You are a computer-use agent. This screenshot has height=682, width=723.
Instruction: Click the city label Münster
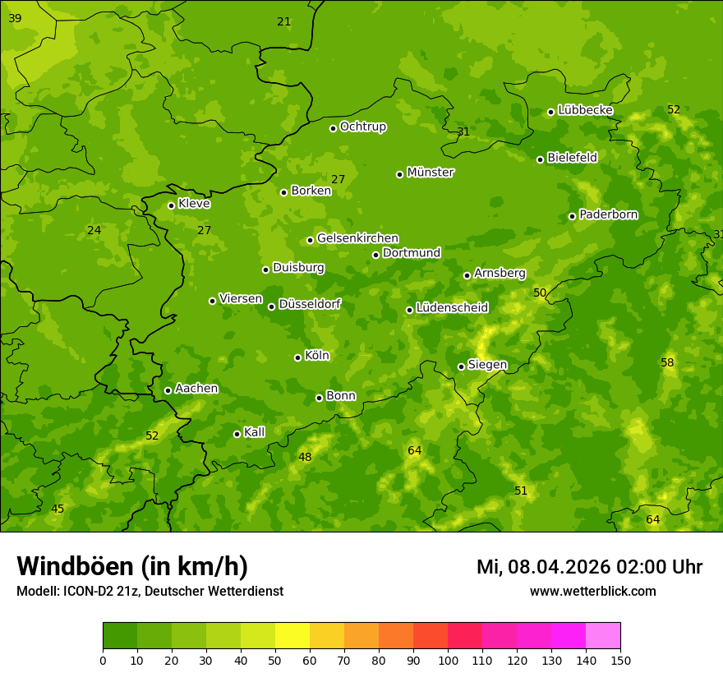click(431, 173)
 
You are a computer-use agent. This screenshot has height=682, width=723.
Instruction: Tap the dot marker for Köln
click(298, 357)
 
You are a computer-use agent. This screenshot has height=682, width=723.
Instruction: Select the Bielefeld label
click(572, 158)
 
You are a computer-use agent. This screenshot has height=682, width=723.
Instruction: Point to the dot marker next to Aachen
click(168, 390)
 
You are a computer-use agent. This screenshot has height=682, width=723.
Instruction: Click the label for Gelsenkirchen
click(357, 238)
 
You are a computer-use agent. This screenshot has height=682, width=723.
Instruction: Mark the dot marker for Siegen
click(462, 366)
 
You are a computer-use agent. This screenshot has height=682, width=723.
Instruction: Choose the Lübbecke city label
click(585, 110)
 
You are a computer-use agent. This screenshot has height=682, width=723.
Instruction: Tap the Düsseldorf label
click(310, 304)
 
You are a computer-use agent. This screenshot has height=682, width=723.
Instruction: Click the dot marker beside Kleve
click(172, 205)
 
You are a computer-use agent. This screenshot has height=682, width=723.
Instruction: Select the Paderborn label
click(608, 214)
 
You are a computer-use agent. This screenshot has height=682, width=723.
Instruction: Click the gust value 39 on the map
click(15, 18)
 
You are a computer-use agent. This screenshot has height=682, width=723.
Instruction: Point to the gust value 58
click(667, 362)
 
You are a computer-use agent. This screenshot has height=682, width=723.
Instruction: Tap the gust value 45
click(58, 509)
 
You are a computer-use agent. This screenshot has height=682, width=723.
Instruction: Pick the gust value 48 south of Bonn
click(305, 458)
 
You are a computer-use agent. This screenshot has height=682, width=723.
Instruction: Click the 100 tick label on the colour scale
click(448, 660)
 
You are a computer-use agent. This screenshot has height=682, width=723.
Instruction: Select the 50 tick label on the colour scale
click(275, 660)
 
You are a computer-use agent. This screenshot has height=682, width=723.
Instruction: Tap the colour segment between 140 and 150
click(603, 636)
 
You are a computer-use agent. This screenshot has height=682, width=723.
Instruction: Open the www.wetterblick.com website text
click(592, 591)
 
